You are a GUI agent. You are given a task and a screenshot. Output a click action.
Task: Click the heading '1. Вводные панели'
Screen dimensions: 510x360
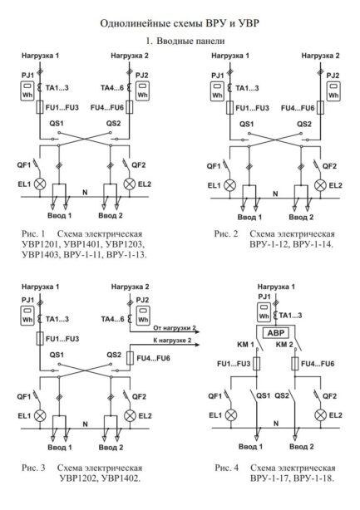[x=180, y=41]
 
